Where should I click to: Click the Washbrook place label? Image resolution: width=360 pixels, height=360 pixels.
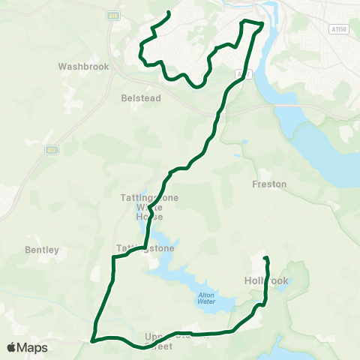pyautogui.click(x=84, y=66)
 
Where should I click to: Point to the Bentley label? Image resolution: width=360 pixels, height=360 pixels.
pyautogui.click(x=42, y=249)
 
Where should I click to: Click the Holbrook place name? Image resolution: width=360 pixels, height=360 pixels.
pyautogui.click(x=266, y=280)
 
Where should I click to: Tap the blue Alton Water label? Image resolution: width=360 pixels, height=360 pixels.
pyautogui.click(x=207, y=297)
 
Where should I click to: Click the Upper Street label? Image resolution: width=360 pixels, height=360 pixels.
pyautogui.click(x=169, y=341)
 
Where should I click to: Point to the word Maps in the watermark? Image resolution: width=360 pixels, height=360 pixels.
pyautogui.click(x=34, y=348)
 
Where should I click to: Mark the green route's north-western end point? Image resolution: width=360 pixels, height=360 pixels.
pyautogui.click(x=169, y=13)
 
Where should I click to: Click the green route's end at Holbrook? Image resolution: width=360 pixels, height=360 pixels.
pyautogui.click(x=265, y=259)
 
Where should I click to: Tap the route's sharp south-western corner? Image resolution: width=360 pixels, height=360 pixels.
pyautogui.click(x=93, y=339)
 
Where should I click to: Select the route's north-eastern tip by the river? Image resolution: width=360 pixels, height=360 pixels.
pyautogui.click(x=262, y=24)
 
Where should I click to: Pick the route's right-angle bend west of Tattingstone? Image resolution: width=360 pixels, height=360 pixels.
pyautogui.click(x=113, y=258)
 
